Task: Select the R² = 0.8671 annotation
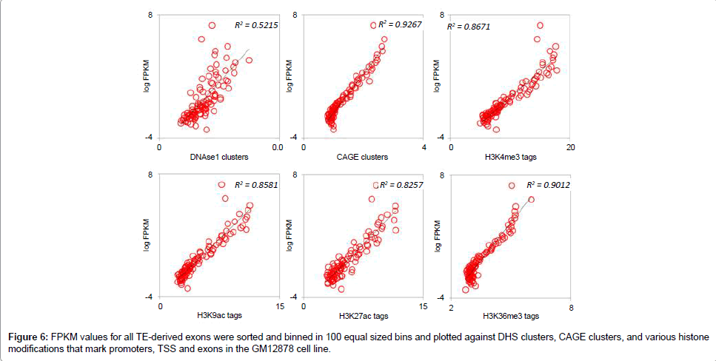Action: [x=468, y=27]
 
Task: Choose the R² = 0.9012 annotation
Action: [x=549, y=185]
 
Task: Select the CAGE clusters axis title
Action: [x=362, y=157]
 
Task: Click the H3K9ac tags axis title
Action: [x=215, y=317]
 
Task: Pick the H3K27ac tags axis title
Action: [x=363, y=317]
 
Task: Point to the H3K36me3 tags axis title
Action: [x=511, y=317]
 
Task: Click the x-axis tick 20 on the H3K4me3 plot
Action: [x=570, y=148]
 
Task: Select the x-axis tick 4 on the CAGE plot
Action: [x=424, y=148]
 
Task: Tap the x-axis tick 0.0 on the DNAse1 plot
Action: [x=277, y=148]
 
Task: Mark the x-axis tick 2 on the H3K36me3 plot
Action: [x=452, y=307]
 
